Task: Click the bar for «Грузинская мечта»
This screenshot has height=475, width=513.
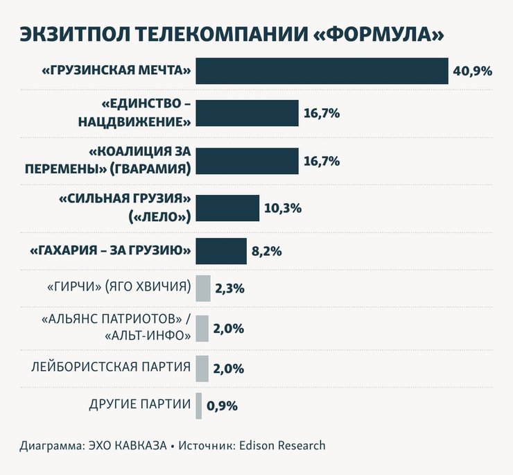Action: [322, 71]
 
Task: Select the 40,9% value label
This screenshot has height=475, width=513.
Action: [472, 71]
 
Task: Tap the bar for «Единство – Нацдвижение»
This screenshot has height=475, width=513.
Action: [247, 113]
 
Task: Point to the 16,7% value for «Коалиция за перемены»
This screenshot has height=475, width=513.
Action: [321, 161]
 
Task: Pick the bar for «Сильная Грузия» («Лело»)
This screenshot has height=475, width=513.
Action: [227, 208]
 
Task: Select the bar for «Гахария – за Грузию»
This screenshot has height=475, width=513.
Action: [221, 251]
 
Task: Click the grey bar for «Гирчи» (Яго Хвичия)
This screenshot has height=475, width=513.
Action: [202, 288]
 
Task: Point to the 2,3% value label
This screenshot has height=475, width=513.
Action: [229, 288]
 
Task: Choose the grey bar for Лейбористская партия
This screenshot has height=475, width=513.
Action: [202, 368]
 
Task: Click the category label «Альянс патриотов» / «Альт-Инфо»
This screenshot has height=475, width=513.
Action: [115, 328]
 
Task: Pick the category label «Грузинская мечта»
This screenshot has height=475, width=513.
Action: [116, 71]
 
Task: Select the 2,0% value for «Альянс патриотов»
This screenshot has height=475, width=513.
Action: [228, 329]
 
